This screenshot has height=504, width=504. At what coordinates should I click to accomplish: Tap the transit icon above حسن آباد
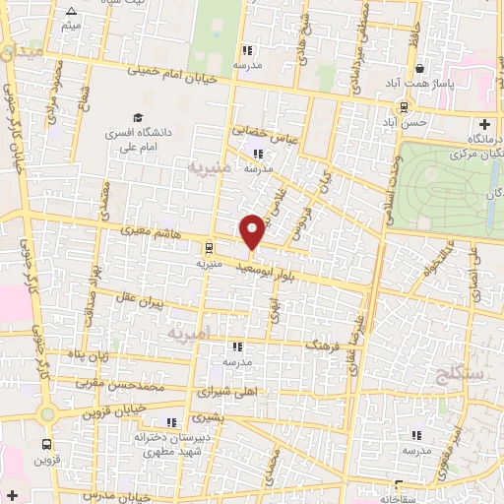coord(404,106)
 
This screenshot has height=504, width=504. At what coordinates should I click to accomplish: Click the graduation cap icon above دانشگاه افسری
coord(137,116)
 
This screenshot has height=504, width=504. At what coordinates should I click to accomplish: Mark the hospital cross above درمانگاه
coord(483,125)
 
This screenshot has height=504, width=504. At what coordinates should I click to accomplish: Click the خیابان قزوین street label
coord(111,408)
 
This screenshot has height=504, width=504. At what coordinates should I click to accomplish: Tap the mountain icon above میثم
coord(70,13)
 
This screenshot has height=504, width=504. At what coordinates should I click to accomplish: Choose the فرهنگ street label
coord(322,346)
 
